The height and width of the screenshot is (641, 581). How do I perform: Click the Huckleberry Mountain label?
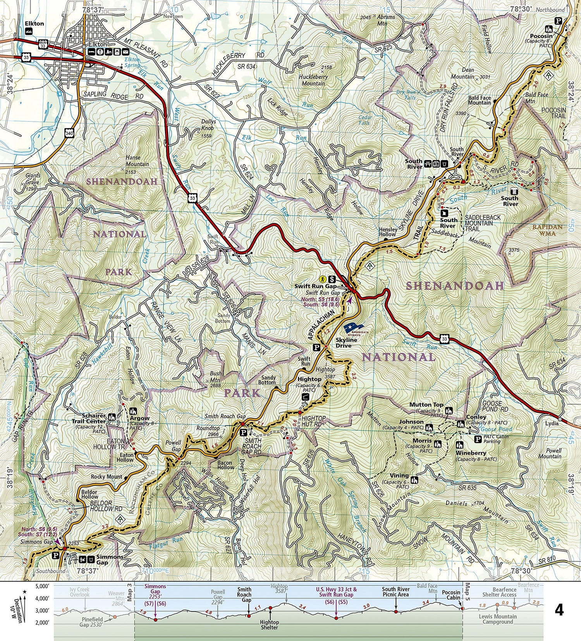point(313,80)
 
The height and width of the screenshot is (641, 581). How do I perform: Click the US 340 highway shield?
point(69,133)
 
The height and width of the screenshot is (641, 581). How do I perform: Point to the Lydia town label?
point(552,423)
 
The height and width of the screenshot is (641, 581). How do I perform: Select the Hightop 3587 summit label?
point(325,373)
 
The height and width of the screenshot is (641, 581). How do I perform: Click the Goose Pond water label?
point(496,429)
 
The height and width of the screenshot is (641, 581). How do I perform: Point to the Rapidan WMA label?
point(547,230)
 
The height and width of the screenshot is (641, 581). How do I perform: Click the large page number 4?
point(559,610)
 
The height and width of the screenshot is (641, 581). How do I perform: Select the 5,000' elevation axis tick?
point(42,586)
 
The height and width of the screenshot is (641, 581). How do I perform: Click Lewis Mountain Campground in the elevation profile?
point(497,619)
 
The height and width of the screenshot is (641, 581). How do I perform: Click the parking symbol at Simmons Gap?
point(55,556)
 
